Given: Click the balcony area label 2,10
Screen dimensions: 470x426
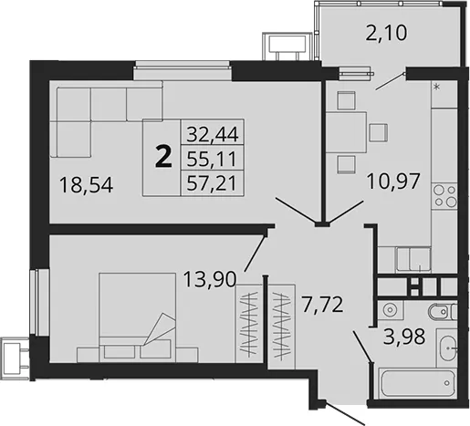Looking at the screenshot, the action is pos(386,33).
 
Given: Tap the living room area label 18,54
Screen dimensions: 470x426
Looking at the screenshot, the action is pos(87,185).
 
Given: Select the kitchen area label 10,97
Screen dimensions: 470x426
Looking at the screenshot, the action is pos(393,182).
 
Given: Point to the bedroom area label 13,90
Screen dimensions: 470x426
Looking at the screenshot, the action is pos(210,279).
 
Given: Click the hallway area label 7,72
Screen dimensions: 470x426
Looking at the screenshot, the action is pos(322,305).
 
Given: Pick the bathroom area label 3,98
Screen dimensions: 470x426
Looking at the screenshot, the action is pos(404,337).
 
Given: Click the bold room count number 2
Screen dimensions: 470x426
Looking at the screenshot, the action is pos(163,156).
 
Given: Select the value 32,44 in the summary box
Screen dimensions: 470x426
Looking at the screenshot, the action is pos(212,134).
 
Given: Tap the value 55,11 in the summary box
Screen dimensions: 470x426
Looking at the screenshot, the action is pos(212,159).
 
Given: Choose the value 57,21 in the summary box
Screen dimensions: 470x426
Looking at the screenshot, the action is pos(212,183).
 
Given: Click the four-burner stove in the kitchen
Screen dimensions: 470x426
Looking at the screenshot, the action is pos(444,196).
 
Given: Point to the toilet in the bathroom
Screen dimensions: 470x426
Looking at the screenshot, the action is pos(443,312).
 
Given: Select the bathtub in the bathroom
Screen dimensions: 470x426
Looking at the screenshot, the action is pos(417,383).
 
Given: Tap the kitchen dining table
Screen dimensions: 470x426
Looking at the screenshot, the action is pos(346,132).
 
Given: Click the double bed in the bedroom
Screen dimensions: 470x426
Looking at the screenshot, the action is pos(138,317).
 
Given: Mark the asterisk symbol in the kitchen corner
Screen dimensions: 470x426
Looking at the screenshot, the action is pos(437,88).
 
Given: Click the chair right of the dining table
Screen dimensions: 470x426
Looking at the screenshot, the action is pos(379,132).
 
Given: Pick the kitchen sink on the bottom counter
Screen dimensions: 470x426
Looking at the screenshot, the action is pos(413,259).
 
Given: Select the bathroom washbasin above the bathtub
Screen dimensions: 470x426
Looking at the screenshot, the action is pos(447,348).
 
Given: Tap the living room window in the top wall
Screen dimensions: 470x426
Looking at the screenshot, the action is pos(183,70).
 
